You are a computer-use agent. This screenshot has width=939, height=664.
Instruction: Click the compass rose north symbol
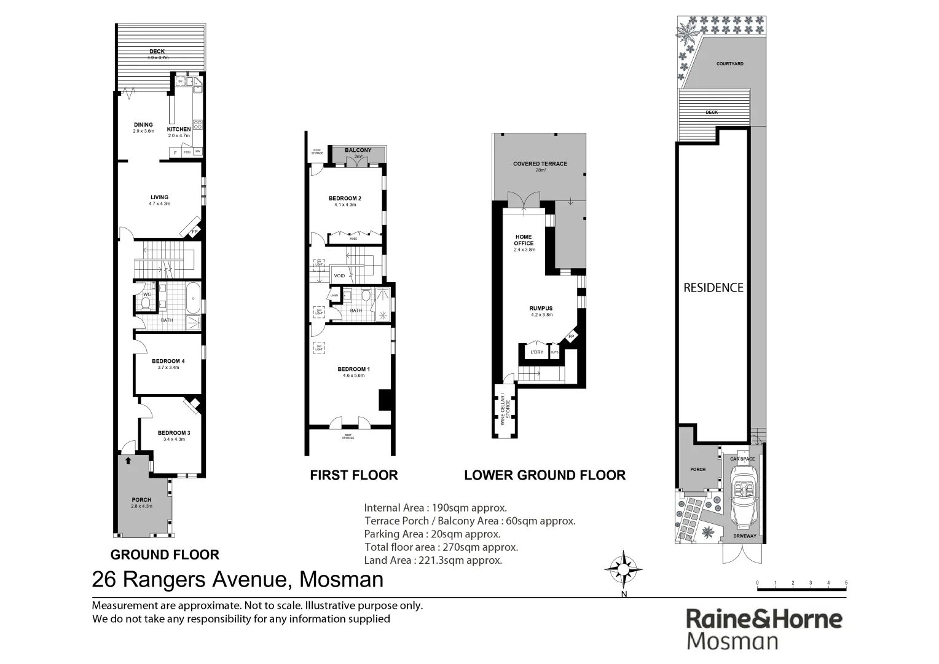624,569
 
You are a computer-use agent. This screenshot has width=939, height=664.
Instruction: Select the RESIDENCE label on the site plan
713,288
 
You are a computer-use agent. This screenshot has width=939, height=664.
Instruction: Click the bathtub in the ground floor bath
194,298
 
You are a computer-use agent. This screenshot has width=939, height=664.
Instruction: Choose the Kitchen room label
179,130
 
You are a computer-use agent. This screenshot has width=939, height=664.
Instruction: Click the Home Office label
524,240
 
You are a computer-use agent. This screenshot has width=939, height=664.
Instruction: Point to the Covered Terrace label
540,164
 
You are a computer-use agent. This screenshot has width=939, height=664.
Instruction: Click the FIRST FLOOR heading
354,475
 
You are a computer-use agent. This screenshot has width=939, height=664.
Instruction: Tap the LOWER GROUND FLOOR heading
544,475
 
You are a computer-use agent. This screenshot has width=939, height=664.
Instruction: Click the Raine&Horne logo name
764,619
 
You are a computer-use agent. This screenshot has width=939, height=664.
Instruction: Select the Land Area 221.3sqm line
433,560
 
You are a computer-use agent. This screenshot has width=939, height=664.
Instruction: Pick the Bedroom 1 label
353,370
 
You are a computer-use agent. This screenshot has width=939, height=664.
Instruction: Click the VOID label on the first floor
339,276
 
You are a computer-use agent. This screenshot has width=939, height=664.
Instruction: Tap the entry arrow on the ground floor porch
128,460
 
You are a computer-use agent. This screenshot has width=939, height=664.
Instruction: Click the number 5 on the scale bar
846,583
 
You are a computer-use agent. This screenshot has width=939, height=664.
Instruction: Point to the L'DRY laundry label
537,352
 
